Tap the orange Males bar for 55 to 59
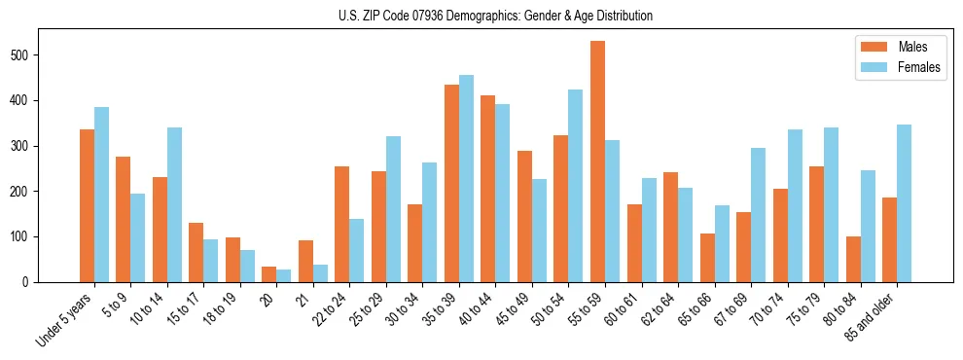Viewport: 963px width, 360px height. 597,162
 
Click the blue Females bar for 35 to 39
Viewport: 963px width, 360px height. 466,178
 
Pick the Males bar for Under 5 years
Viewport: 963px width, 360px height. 87,205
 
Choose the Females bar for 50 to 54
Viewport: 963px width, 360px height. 575,186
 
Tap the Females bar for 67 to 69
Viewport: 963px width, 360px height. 758,215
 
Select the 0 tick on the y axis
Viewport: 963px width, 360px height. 33,282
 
